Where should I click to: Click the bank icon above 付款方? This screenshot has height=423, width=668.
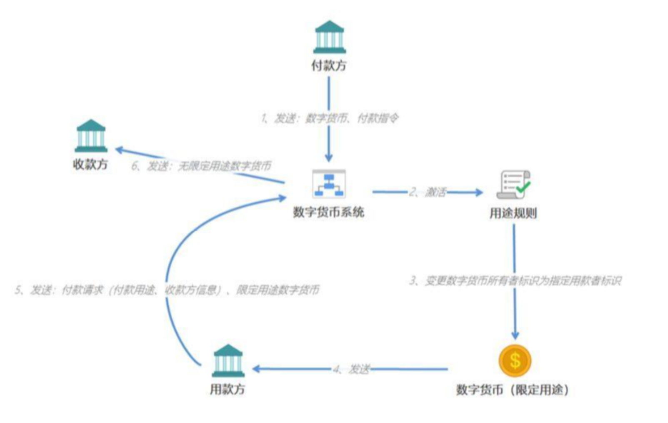tap(329, 37)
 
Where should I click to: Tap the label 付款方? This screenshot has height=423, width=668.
tap(329, 65)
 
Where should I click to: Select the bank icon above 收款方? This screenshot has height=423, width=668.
tap(91, 136)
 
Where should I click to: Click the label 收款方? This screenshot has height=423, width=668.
tap(90, 165)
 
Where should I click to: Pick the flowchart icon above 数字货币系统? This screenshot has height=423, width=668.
tap(329, 184)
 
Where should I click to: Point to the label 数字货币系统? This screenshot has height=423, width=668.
tap(328, 212)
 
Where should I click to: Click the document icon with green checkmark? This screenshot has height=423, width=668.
tap(513, 185)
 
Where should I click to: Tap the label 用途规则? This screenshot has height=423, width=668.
tap(513, 213)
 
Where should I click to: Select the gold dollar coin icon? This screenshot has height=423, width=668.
tap(515, 360)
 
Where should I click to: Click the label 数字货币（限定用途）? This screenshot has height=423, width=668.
tap(513, 390)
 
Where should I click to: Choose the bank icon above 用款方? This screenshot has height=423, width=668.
tap(228, 360)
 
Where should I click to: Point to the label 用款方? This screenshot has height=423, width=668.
tap(227, 389)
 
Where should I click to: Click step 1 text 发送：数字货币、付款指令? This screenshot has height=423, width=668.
tap(329, 118)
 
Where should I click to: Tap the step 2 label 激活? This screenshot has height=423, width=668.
tap(428, 192)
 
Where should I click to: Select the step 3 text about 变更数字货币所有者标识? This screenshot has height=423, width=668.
tap(515, 280)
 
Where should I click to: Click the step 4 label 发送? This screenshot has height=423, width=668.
tap(351, 369)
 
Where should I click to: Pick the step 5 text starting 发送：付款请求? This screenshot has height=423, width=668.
tap(167, 290)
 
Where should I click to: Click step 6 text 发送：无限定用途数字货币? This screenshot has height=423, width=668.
tap(201, 166)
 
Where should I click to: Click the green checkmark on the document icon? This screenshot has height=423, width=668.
tap(523, 187)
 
